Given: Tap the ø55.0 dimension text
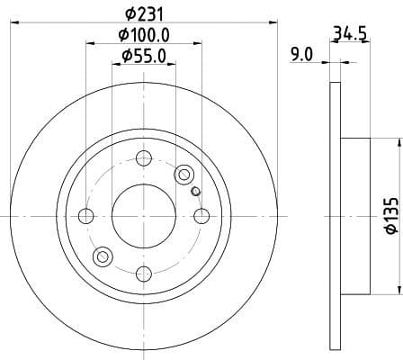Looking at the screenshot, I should [x=143, y=56].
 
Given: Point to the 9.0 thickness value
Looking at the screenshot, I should [x=301, y=54].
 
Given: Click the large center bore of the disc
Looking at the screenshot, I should [x=143, y=215].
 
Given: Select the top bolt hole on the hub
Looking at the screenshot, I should [x=143, y=159].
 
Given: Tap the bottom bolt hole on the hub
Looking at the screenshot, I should [x=143, y=273].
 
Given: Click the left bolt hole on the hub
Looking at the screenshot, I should [x=86, y=216].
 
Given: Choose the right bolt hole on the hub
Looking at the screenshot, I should [x=201, y=216].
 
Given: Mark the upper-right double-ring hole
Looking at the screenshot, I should [x=185, y=174].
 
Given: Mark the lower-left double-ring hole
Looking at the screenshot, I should [x=102, y=257].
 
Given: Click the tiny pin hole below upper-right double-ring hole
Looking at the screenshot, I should [x=195, y=190].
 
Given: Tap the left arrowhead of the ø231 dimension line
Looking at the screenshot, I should [x=13, y=24].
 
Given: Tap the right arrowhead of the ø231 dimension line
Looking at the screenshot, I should [x=273, y=24].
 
